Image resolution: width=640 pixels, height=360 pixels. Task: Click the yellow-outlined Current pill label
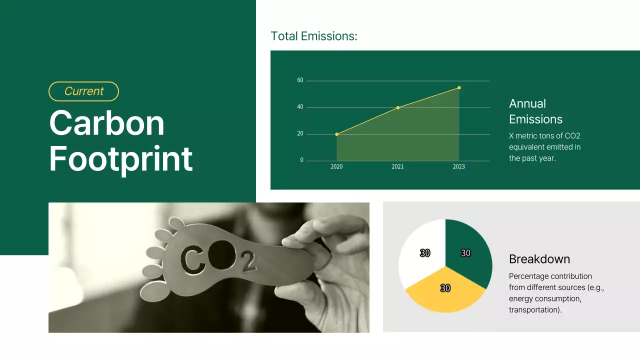coord(83,91)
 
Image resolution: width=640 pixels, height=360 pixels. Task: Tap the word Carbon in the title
coord(106,123)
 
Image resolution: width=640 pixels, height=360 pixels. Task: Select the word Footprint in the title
coord(120,158)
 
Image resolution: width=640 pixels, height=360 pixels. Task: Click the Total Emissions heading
coord(313,36)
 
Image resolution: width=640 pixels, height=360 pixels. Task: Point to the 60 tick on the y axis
coord(300,80)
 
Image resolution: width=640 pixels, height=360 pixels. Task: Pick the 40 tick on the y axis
coord(300,107)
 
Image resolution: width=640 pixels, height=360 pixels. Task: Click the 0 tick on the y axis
coord(301,160)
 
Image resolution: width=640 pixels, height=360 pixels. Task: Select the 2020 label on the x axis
coord(336,167)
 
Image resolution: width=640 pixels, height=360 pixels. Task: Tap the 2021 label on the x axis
coord(397,167)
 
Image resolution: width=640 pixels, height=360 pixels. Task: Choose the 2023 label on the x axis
coord(458,167)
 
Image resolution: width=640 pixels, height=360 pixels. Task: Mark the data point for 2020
coord(336,134)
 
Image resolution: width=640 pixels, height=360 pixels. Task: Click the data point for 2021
coord(398,107)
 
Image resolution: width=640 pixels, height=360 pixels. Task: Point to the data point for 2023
coord(459,87)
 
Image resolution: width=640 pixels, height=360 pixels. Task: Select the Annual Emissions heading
coord(535,111)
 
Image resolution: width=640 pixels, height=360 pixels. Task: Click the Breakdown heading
coord(539,259)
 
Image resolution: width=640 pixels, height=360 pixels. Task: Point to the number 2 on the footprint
coord(248,262)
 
